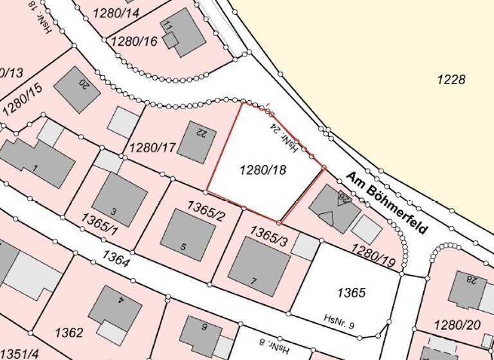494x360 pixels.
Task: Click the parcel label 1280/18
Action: coord(262,170)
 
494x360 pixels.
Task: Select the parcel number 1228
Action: coord(450,80)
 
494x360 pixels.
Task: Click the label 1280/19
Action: coord(374,253)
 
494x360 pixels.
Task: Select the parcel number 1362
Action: coord(69,332)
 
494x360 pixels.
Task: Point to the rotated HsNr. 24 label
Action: coord(284,138)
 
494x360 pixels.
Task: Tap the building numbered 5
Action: coord(187,234)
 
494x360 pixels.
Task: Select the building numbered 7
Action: coord(259,265)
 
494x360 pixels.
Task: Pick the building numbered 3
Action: coord(119,199)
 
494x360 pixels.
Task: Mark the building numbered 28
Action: coord(467,289)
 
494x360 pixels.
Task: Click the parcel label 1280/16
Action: coord(134,41)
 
